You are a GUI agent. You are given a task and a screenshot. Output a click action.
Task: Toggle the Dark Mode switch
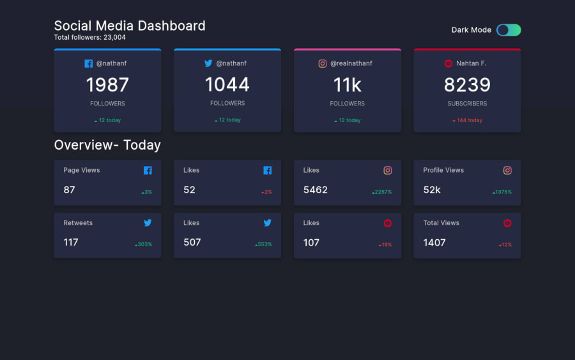click(509, 30)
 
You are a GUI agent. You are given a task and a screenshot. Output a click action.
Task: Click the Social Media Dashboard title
click(130, 26)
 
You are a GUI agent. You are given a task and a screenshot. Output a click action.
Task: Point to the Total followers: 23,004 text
click(90, 38)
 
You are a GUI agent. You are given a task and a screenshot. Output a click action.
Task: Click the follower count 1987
click(107, 84)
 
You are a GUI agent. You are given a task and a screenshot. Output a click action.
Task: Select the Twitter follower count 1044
click(227, 84)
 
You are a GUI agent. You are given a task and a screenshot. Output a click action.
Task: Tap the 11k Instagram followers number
click(347, 84)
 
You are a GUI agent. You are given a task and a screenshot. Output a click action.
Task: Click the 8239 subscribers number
click(467, 84)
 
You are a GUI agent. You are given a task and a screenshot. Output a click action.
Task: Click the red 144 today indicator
click(467, 120)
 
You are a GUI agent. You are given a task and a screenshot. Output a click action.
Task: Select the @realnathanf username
click(351, 63)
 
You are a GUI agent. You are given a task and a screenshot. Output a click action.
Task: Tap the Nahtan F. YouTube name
click(471, 63)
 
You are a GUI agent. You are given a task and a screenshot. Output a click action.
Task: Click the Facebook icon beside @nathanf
click(88, 63)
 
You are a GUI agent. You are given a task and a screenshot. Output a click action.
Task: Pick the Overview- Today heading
click(107, 145)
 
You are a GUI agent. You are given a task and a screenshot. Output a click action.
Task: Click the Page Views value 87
click(69, 190)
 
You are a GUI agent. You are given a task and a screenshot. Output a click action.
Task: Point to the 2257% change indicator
click(382, 192)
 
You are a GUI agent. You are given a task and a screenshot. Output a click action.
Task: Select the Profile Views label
click(443, 170)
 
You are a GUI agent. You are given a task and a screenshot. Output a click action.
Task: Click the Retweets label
click(78, 223)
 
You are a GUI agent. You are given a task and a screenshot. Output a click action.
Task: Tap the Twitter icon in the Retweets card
click(148, 223)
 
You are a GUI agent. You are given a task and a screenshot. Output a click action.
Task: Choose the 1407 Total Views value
click(434, 242)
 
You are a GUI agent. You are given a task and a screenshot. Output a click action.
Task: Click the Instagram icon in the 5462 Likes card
click(387, 170)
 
